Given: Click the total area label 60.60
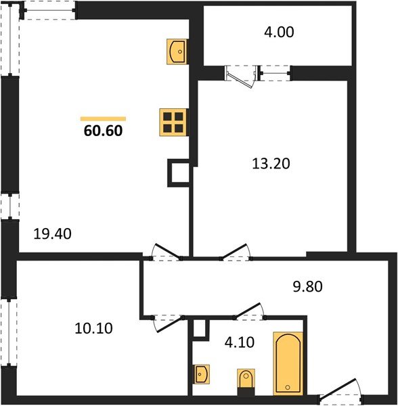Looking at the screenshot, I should tap(103, 131).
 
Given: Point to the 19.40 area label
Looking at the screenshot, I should tap(53, 234).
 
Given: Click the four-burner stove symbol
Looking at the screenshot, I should tap(173, 122).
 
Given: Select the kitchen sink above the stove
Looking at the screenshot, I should tap(177, 51).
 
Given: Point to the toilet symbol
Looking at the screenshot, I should tap(245, 380).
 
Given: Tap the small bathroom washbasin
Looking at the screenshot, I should tap(201, 374).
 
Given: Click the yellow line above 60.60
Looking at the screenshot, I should tap(103, 118).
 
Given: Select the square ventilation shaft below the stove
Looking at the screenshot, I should tap(178, 173).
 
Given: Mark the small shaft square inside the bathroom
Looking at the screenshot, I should tap(198, 329).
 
